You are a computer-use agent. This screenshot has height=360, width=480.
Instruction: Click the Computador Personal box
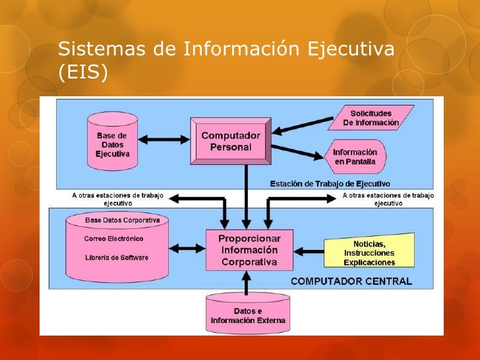click(231, 140)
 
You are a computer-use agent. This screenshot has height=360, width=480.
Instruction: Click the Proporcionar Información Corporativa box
click(249, 250)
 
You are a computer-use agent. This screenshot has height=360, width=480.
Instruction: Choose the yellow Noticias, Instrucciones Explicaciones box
click(369, 253)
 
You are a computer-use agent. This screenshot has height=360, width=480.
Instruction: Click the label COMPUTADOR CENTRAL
click(351, 281)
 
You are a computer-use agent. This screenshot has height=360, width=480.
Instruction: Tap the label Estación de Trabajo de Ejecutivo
click(330, 183)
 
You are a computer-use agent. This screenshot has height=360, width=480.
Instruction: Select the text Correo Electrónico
click(114, 239)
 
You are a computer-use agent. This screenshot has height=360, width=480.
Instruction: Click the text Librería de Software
click(117, 256)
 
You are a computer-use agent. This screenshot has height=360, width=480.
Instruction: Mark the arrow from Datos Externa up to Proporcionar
click(247, 282)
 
